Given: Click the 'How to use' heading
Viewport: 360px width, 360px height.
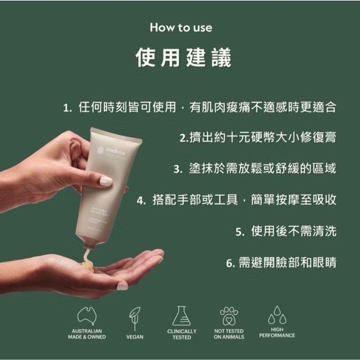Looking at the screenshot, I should [181, 28].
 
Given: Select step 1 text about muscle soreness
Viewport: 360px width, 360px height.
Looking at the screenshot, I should [200, 107].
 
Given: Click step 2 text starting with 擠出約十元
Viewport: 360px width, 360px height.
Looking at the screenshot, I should [258, 138].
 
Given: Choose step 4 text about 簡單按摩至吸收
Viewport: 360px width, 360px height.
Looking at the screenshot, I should [237, 199].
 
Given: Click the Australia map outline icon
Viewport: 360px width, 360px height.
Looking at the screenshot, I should [87, 316].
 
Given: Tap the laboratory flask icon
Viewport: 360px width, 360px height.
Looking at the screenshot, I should [181, 316].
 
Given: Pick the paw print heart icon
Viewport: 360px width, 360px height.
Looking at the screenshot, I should [229, 316].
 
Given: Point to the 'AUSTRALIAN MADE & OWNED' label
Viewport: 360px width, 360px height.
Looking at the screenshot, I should [87, 334].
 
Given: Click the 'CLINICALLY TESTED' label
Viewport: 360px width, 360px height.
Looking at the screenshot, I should [182, 334].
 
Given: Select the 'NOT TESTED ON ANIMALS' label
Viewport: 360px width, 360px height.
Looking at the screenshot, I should [229, 334].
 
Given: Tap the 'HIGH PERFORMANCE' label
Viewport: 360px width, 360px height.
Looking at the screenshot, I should [277, 332].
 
